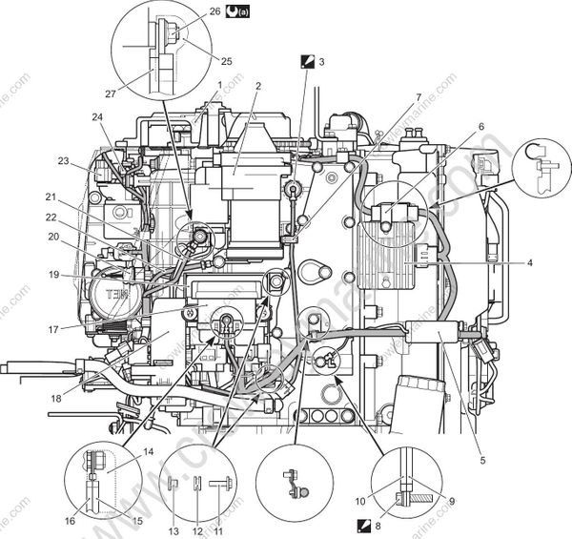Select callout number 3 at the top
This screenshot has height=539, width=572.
tap(321, 61)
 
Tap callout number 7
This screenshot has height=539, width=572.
tap(418, 98)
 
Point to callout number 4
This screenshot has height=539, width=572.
tap(530, 261)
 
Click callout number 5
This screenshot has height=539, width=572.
tap(483, 461)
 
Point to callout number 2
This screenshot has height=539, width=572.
tap(257, 86)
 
